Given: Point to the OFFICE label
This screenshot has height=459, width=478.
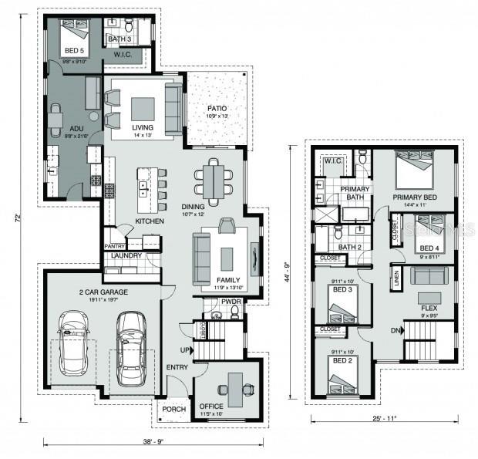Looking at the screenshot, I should tap(210, 407).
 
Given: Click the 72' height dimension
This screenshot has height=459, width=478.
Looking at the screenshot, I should tap(16, 218).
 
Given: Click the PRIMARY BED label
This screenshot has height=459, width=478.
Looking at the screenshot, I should tap(414, 197).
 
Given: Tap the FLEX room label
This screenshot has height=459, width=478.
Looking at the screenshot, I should tap(429, 307).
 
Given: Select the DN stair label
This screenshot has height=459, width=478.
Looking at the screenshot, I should tap(396, 331).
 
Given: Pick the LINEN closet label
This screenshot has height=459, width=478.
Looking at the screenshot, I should tap(396, 280).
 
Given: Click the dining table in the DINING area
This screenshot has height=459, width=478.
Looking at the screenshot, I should tap(214, 179).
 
